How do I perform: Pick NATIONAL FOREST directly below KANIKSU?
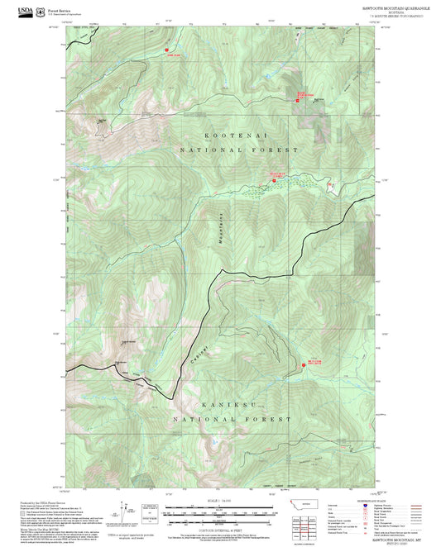232,420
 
